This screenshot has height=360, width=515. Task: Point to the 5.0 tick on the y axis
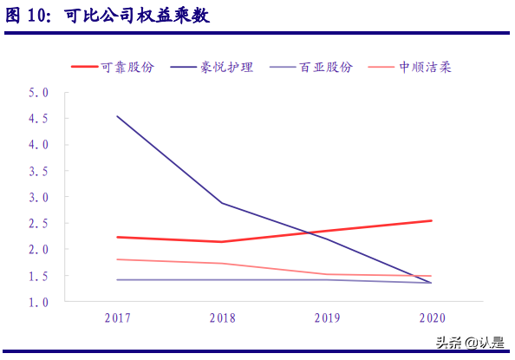click(37, 92)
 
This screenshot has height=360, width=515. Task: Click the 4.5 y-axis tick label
click(37, 118)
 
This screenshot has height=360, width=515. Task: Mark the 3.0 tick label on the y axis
click(37, 197)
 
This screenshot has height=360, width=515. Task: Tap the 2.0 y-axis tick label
click(37, 250)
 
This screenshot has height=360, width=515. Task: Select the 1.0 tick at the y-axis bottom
click(37, 302)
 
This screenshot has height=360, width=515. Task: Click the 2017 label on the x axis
click(117, 318)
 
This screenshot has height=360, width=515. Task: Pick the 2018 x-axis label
click(222, 318)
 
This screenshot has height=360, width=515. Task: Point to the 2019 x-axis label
click(327, 318)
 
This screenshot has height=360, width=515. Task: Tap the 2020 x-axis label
click(432, 318)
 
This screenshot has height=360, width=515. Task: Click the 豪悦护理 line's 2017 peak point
click(117, 116)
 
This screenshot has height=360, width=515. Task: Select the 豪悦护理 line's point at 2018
click(222, 203)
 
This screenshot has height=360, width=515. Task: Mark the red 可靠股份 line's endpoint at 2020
click(432, 220)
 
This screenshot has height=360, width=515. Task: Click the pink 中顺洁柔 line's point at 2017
click(117, 259)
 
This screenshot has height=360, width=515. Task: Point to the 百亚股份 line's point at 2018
click(222, 279)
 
